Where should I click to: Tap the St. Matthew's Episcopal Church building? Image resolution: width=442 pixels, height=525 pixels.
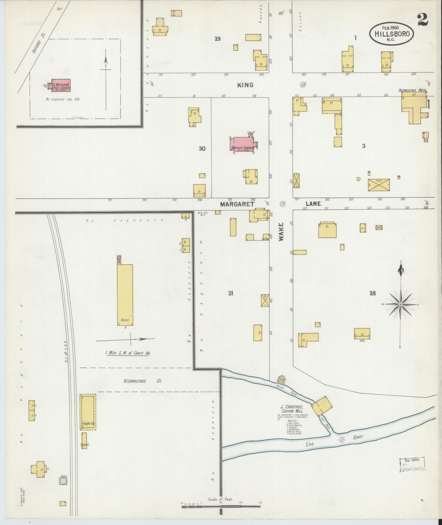click(61, 85)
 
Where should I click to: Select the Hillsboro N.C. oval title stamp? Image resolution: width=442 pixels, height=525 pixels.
click(392, 34)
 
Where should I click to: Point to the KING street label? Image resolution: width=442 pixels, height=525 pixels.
click(245, 85)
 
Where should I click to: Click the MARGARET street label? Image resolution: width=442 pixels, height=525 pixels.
click(237, 204)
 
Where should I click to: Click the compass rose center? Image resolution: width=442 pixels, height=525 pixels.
click(400, 304)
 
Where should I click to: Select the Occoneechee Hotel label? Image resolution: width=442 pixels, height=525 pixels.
click(412, 90)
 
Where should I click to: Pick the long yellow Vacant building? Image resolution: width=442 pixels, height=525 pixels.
click(125, 295)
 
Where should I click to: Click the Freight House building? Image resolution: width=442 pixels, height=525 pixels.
click(88, 412)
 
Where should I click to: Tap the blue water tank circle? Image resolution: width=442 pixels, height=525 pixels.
click(63, 481)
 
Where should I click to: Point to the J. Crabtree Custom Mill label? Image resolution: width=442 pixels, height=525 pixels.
click(292, 409)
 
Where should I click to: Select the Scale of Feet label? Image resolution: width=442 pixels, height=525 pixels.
click(220, 499)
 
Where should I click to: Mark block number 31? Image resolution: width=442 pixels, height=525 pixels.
click(231, 293)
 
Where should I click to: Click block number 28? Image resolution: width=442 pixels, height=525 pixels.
click(372, 293)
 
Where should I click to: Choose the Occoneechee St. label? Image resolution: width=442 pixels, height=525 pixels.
click(143, 381)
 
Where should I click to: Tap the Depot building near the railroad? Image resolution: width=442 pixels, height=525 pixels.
click(84, 440)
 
